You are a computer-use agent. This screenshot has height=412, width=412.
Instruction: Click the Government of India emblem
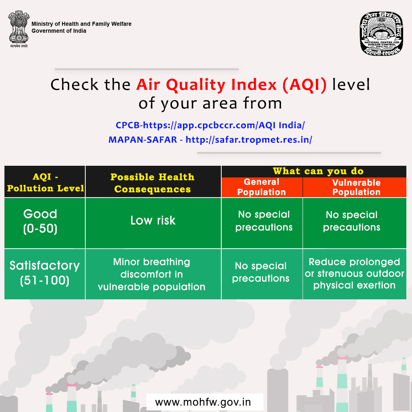(x=19, y=29)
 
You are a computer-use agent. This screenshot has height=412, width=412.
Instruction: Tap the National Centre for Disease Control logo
(x=381, y=34)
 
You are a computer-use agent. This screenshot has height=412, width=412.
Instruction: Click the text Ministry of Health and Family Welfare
(x=81, y=24)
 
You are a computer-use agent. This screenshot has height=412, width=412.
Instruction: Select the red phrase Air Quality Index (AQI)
(x=231, y=85)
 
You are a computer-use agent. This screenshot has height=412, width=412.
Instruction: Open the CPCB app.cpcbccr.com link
(x=210, y=125)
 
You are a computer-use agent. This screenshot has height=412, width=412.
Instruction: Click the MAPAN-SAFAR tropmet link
(x=210, y=140)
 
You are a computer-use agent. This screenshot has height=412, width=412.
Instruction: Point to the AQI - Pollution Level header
(x=45, y=182)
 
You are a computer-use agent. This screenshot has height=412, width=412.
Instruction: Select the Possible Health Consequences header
(x=152, y=183)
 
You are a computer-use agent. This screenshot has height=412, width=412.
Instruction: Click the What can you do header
(x=318, y=171)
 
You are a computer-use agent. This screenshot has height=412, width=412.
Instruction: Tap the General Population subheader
(x=262, y=187)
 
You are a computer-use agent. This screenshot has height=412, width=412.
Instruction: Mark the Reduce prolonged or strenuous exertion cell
(x=354, y=274)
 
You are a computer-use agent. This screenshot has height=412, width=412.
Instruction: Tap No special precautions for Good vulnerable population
(x=352, y=221)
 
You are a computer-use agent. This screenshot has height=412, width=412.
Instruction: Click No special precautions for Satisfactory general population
(x=261, y=272)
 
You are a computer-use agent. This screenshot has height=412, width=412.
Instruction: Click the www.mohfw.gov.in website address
(x=203, y=402)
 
